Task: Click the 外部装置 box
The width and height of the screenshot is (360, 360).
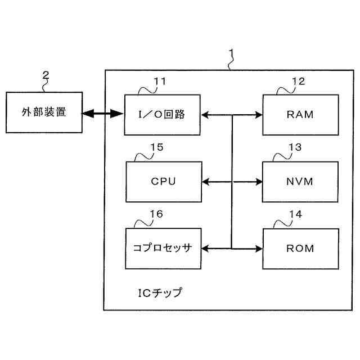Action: (x=44, y=112)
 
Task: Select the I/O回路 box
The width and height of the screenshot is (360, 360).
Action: (x=163, y=115)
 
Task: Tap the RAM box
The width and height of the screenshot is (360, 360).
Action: (x=300, y=115)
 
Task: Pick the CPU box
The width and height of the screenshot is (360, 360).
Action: (x=164, y=182)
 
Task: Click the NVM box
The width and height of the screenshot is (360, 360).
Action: (x=300, y=182)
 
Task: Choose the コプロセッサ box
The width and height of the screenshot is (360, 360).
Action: (x=163, y=249)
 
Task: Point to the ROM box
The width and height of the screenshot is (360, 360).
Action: (x=300, y=249)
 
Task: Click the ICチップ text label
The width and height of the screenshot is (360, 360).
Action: (x=160, y=292)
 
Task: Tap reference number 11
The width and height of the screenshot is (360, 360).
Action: (x=160, y=82)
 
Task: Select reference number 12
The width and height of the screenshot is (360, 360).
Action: (x=299, y=82)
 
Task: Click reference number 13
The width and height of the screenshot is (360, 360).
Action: (x=295, y=147)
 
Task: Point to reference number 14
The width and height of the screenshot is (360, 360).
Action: (x=295, y=214)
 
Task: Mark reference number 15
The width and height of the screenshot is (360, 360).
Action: (x=157, y=147)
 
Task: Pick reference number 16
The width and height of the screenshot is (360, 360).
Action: (x=156, y=214)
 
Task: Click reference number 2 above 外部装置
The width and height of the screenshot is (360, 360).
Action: (x=46, y=75)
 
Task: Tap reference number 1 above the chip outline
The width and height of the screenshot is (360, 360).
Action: (x=231, y=53)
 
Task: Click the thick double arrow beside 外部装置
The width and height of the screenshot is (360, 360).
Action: (x=102, y=114)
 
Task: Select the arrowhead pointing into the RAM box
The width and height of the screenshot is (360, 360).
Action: (x=259, y=115)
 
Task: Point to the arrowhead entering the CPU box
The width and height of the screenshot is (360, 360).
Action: (x=205, y=182)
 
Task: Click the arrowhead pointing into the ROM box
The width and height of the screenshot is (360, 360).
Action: (x=259, y=249)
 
